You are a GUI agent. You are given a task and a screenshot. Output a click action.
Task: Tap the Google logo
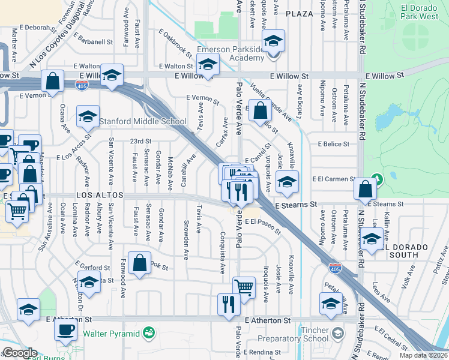(20, 353)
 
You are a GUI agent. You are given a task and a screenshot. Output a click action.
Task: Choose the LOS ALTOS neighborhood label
(100, 196)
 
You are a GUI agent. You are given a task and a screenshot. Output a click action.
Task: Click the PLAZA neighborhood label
(300, 13)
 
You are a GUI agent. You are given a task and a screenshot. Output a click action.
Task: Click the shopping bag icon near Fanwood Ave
(139, 264)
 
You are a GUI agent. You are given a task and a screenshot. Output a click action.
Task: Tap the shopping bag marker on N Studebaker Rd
(365, 190)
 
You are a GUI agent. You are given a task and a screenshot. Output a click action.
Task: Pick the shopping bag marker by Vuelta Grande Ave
(260, 111)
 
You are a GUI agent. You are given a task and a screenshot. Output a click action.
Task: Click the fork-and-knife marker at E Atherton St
(229, 305)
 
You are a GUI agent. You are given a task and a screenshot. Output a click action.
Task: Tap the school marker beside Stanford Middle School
(88, 116)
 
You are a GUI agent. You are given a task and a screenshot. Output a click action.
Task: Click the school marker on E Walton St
(208, 64)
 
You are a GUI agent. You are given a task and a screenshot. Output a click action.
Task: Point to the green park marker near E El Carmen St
(377, 179)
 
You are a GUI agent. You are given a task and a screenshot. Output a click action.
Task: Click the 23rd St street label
(140, 141)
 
